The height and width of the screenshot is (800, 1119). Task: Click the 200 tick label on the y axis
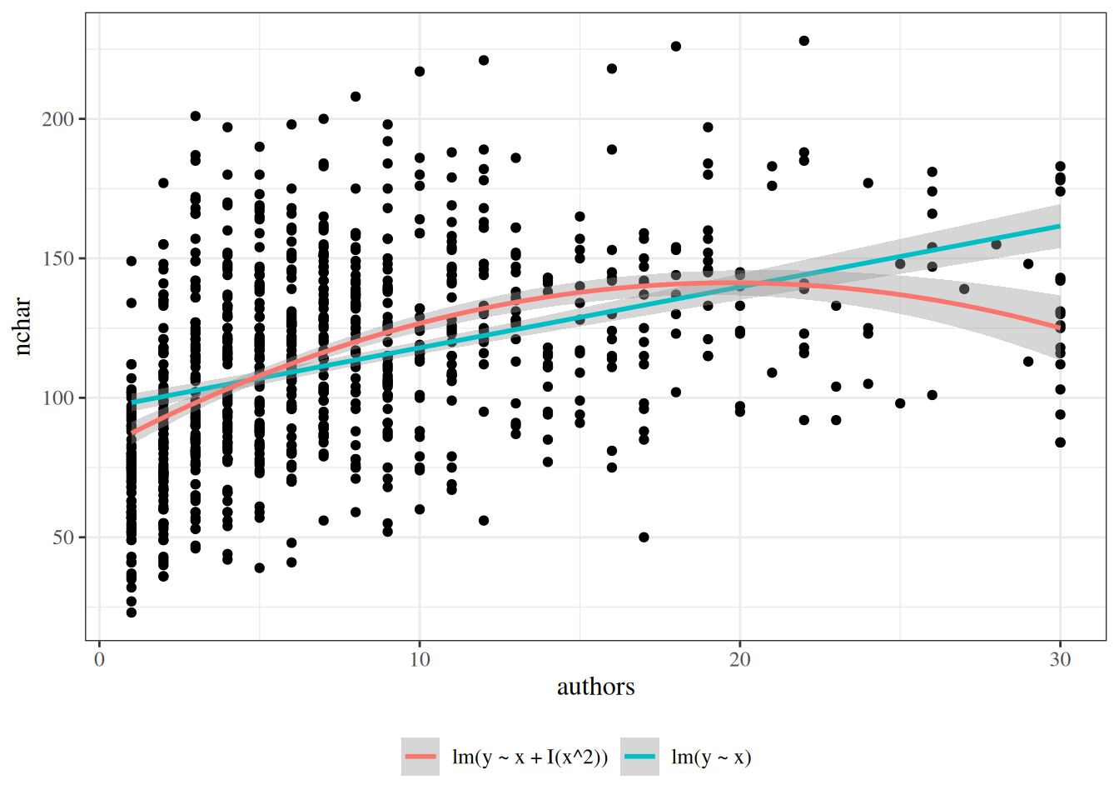tap(57, 119)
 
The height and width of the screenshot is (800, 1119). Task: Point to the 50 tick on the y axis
tap(62, 537)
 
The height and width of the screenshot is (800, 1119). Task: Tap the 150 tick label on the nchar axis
tap(57, 258)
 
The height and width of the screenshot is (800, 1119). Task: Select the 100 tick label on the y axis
tap(57, 398)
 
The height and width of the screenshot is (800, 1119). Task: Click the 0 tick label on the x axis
tap(99, 660)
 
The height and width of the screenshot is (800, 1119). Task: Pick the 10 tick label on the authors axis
tap(420, 660)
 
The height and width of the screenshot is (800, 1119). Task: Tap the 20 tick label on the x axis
tap(739, 660)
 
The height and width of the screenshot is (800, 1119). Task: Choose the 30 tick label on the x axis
tap(1060, 660)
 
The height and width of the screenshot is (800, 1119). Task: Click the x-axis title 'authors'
tap(595, 687)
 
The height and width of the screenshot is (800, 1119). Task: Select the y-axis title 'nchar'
tap(22, 327)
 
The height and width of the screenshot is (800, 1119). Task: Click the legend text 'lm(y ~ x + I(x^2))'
tap(530, 757)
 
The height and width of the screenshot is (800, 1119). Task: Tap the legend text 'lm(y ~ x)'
tap(711, 757)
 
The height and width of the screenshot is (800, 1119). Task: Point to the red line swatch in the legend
tap(420, 757)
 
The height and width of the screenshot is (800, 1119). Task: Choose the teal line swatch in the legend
tap(639, 757)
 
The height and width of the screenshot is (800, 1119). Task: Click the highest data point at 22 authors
tap(804, 41)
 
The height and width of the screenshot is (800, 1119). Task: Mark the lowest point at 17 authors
tap(644, 537)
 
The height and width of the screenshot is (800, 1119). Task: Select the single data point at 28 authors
tap(996, 244)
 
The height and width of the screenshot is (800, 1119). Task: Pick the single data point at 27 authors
tap(964, 289)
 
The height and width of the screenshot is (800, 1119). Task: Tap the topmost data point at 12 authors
tap(484, 60)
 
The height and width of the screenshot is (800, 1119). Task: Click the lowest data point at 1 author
tap(132, 612)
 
